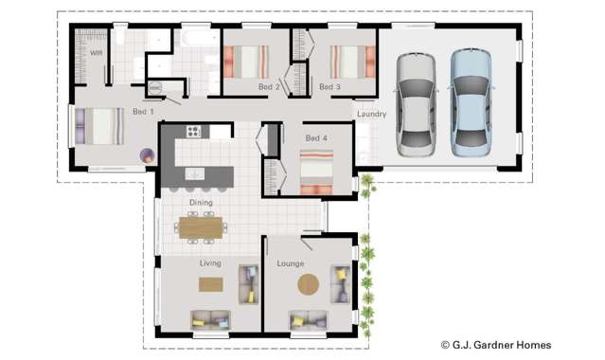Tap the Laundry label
[370, 116]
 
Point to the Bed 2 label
[270, 87]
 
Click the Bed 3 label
[329, 87]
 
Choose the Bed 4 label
[315, 138]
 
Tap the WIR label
[97, 53]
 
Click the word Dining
[201, 202]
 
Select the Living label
[211, 262]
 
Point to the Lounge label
[290, 262]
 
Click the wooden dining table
[202, 227]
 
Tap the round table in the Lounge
[310, 283]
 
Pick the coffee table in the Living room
[210, 283]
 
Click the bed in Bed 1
[100, 125]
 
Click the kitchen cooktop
[194, 132]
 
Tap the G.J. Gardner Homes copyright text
[495, 345]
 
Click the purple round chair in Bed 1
[147, 154]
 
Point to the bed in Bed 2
[251, 62]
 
